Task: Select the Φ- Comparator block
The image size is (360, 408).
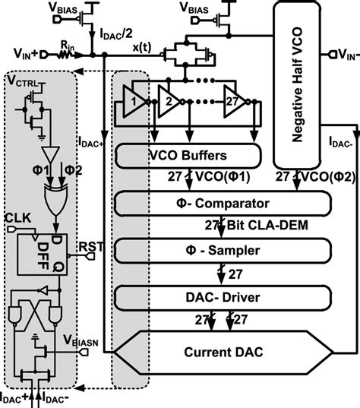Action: coord(223,203)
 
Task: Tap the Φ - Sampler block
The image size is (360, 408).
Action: coord(223,251)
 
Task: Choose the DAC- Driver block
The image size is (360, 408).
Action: coord(223,297)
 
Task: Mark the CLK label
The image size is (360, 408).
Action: coord(17,219)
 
